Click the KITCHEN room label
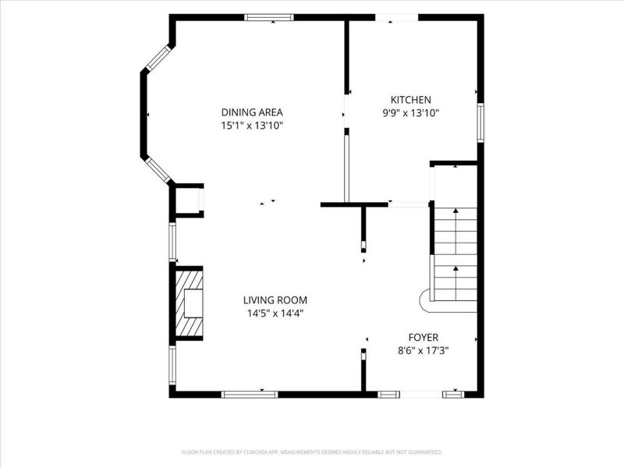(x=411, y=100)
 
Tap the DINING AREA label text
(x=252, y=112)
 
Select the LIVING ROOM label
(x=275, y=300)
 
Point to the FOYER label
(x=424, y=338)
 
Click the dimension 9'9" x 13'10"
(x=411, y=113)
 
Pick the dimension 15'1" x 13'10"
(x=252, y=126)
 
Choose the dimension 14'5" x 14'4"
(x=275, y=314)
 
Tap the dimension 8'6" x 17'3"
(x=424, y=350)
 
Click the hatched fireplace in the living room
(x=189, y=303)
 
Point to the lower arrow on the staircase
(x=456, y=283)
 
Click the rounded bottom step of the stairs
(x=425, y=301)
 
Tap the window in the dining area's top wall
(x=269, y=17)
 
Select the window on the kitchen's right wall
(x=480, y=122)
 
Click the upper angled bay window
(x=158, y=58)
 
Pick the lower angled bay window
(x=158, y=170)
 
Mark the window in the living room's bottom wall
(x=250, y=395)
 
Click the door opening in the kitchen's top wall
(x=397, y=17)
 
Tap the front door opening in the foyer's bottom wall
(x=421, y=395)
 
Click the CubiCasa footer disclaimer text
(x=312, y=452)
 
